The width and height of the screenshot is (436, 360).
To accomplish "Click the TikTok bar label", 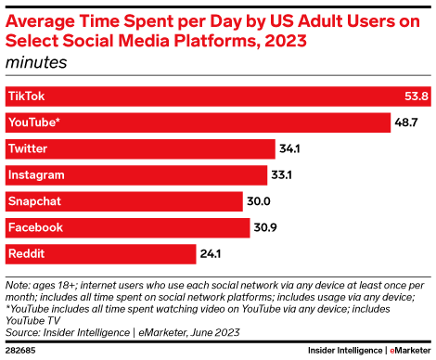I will (x=26, y=96).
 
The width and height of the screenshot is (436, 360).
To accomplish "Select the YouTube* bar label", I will (x=33, y=122).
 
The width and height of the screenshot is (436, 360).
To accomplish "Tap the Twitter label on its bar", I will (x=28, y=148).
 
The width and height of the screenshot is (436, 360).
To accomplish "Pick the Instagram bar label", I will (x=35, y=174).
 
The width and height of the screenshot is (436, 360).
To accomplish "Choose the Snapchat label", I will (x=34, y=200).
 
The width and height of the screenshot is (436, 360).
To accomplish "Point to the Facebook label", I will (x=35, y=226).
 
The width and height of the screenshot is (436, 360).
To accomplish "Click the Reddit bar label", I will (x=26, y=252).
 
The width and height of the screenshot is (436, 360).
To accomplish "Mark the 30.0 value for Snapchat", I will (x=260, y=200).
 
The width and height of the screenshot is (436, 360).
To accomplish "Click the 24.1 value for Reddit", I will (x=213, y=252).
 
